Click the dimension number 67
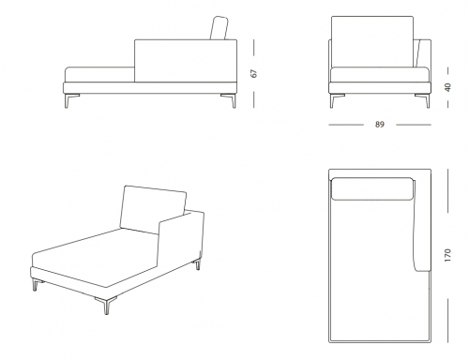coord(254,73)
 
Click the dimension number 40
coord(447,87)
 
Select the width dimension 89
coord(379,125)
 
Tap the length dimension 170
coord(447,255)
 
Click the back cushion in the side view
coord(219,28)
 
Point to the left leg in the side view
coord(70,100)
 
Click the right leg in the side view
coord(230,100)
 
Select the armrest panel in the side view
coord(186,61)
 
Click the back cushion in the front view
coord(372,41)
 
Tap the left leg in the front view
coord(336,100)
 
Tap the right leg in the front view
coord(424,100)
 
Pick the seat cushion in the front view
coord(380,75)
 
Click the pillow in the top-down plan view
coord(372,188)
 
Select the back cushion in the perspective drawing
coord(153,209)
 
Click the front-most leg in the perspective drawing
coord(106,305)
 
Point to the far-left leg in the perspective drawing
coord(37,285)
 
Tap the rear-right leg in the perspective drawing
coord(198,264)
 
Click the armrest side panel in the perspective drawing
coord(181,242)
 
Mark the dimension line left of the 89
coord(346,125)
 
